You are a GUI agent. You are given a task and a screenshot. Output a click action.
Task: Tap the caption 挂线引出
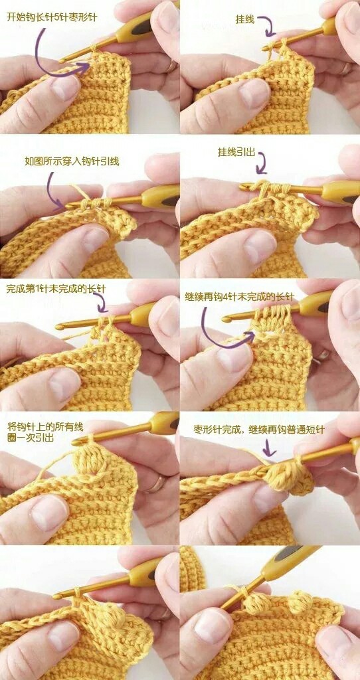(x=236, y=153)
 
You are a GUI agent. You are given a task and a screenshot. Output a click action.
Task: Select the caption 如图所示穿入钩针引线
(x=72, y=162)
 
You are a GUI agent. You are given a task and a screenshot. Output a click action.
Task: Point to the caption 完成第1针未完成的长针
(x=56, y=288)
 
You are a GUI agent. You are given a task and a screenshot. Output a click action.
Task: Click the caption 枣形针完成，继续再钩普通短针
(x=259, y=430)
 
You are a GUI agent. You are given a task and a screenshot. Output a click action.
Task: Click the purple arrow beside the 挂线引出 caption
(x=261, y=163)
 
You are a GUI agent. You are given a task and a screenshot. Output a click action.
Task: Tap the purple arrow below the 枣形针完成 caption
(x=269, y=448)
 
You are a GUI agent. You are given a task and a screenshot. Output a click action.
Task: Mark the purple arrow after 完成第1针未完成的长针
(x=102, y=302)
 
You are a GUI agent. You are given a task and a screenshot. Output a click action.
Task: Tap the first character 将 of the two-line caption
(x=12, y=427)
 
